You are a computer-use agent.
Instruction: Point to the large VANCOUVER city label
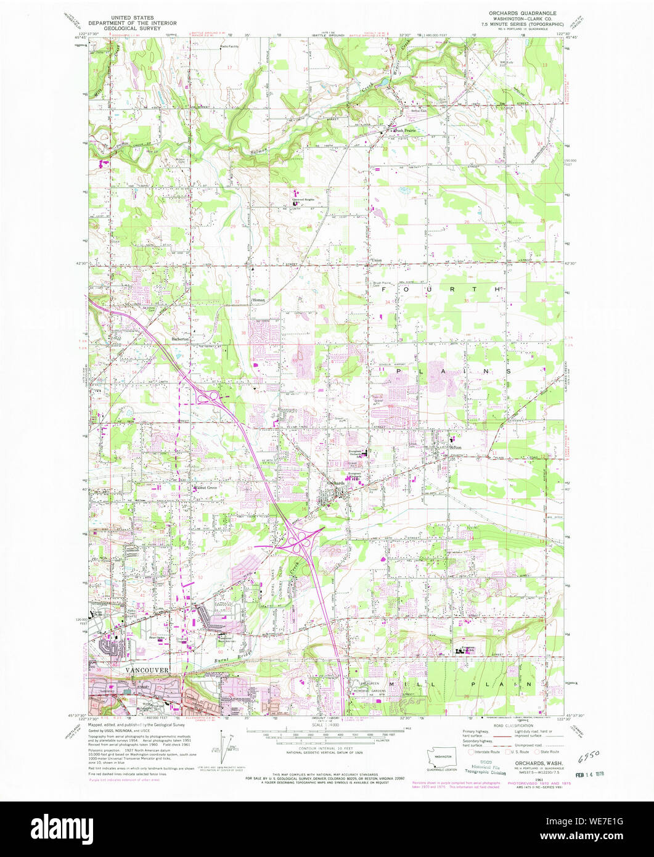tap(129, 670)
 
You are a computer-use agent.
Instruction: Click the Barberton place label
tap(183, 340)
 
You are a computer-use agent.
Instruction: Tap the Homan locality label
tap(259, 300)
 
